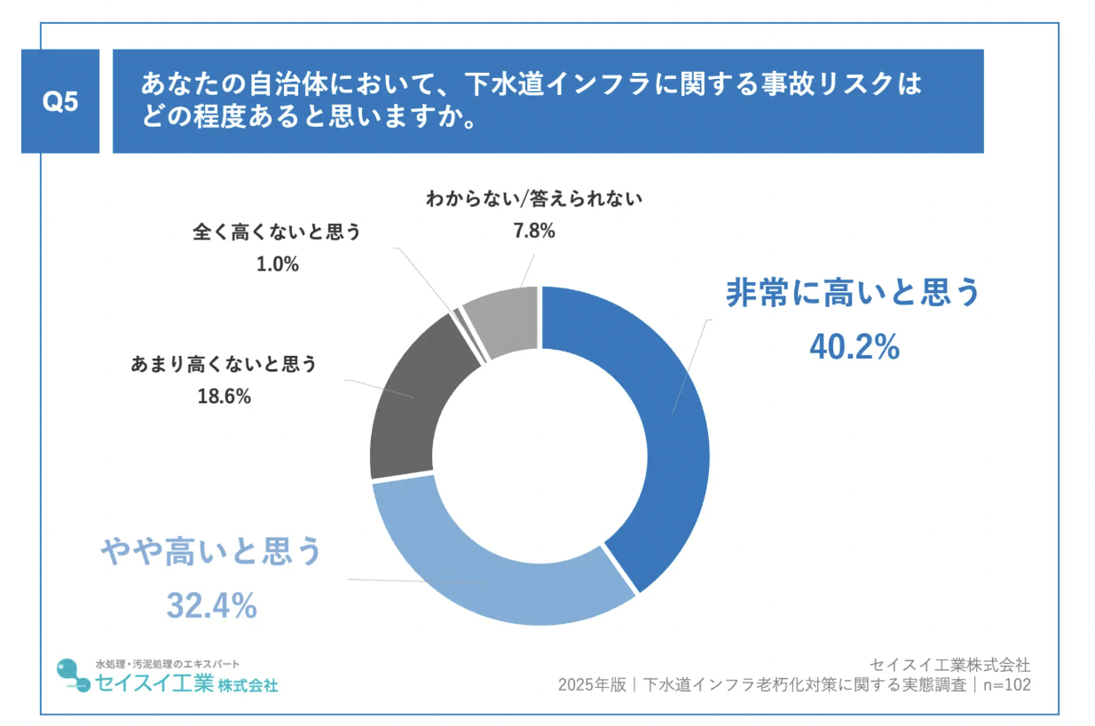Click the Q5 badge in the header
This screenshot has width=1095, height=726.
pyautogui.click(x=60, y=102)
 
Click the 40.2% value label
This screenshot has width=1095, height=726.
pyautogui.click(x=854, y=348)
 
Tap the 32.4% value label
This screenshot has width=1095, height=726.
pyautogui.click(x=211, y=606)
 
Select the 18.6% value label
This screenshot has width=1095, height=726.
pyautogui.click(x=224, y=397)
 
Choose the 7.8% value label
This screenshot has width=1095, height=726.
pyautogui.click(x=533, y=232)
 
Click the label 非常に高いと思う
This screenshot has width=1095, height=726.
pyautogui.click(x=853, y=293)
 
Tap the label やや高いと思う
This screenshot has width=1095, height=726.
pyautogui.click(x=211, y=552)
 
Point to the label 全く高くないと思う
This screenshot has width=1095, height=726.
pyautogui.click(x=277, y=233)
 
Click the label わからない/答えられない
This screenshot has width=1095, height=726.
pyautogui.click(x=533, y=198)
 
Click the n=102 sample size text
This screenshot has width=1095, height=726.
pyautogui.click(x=1005, y=685)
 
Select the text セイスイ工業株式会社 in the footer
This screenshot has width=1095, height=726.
pyautogui.click(x=949, y=664)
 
